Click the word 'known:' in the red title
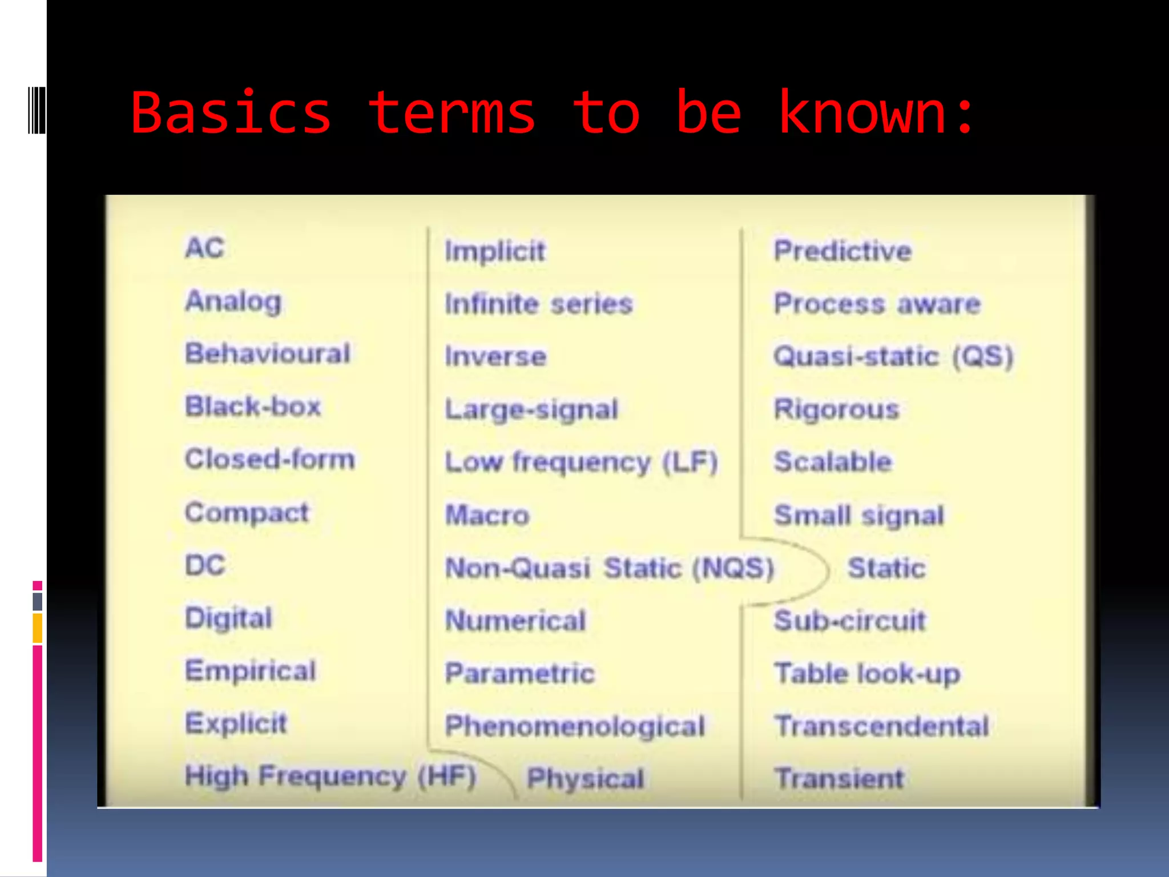pyautogui.click(x=876, y=113)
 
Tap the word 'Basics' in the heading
pyautogui.click(x=231, y=113)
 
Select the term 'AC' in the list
pyautogui.click(x=205, y=248)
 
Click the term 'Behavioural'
pyautogui.click(x=268, y=353)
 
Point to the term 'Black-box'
pyautogui.click(x=253, y=407)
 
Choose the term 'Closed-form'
pyautogui.click(x=270, y=459)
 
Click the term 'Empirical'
pyautogui.click(x=251, y=670)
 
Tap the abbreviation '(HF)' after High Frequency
pyautogui.click(x=446, y=777)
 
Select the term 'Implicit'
pyautogui.click(x=495, y=251)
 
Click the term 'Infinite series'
pyautogui.click(x=539, y=304)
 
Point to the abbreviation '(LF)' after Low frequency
pyautogui.click(x=690, y=462)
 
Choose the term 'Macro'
pyautogui.click(x=487, y=515)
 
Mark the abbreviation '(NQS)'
pyautogui.click(x=733, y=568)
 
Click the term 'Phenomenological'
pyautogui.click(x=575, y=726)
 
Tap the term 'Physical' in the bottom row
pyautogui.click(x=586, y=779)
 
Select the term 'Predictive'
pyautogui.click(x=843, y=251)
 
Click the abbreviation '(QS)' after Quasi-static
pyautogui.click(x=982, y=357)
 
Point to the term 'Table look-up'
pyautogui.click(x=867, y=674)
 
